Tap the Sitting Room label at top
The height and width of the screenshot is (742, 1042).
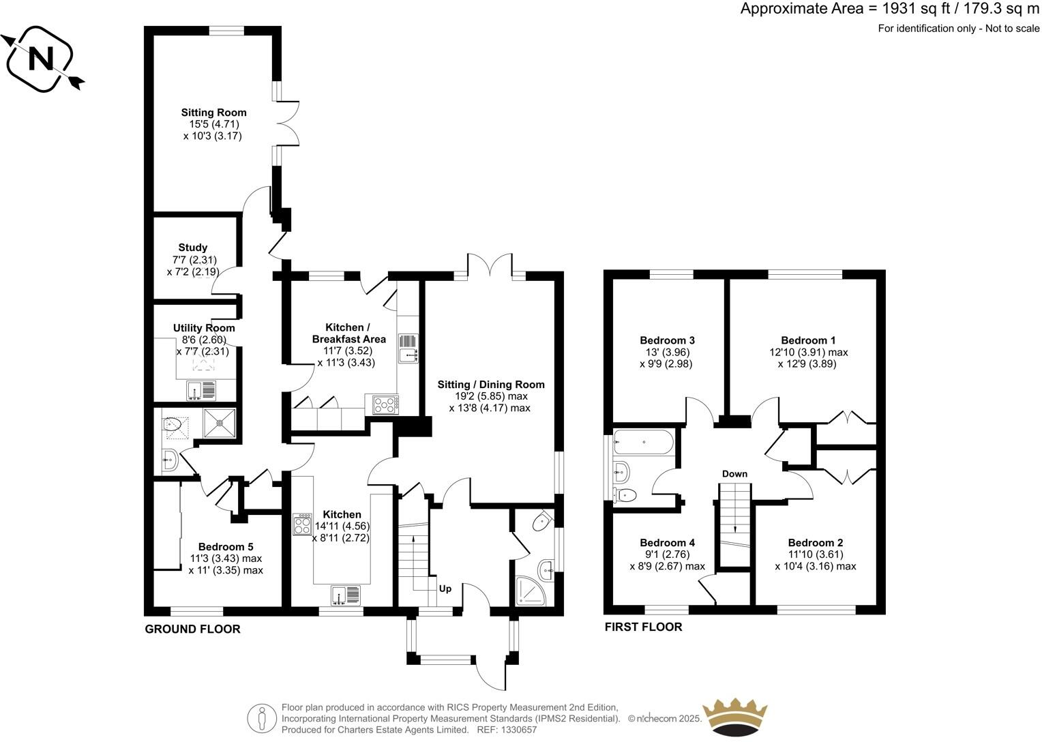coord(213,113)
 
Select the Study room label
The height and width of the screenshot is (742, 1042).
coord(193,248)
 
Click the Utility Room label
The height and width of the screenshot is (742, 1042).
coord(203,328)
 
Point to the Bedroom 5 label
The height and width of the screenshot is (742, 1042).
coord(226,547)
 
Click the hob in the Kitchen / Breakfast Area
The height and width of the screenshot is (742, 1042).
coord(385,404)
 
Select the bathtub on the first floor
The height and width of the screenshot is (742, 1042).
coord(644,442)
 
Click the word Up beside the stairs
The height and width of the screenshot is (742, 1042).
coord(445,589)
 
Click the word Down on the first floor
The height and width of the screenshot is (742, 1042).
coord(734,474)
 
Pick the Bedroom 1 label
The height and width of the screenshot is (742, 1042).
coord(808,340)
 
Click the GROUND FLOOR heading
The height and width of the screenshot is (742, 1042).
coord(192,629)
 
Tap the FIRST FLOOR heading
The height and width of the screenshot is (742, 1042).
coord(643,627)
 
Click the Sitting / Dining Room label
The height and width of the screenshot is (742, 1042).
coord(491,385)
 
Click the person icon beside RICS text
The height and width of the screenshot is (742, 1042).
coord(262,718)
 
